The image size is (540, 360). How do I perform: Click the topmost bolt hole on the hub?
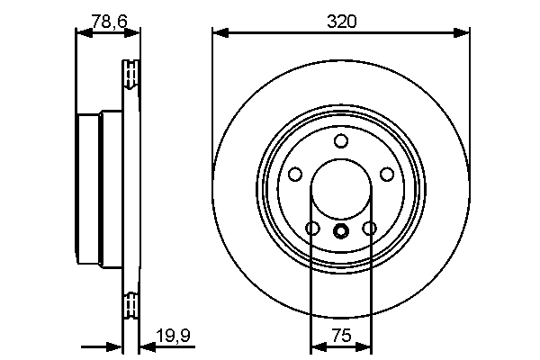341,141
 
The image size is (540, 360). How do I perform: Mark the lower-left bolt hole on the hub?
312,229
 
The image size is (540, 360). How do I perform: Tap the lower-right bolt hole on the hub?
370,229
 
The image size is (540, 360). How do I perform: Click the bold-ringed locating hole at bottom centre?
341,231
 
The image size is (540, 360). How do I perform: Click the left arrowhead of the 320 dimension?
219,33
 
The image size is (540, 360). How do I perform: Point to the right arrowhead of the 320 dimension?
464,33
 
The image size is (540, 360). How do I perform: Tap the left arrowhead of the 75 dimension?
316,346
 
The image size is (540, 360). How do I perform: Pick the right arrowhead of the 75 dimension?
366,346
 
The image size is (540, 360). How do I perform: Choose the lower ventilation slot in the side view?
130,306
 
